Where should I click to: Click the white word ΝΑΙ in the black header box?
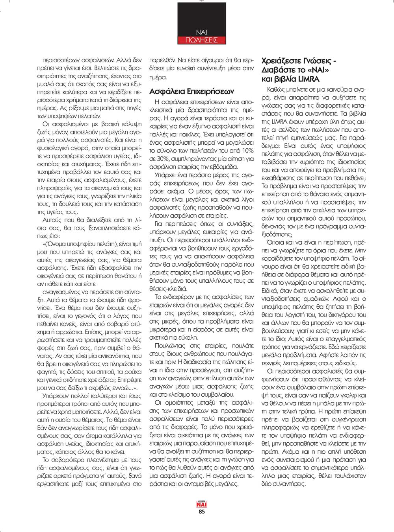201,33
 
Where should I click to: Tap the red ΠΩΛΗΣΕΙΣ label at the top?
201,40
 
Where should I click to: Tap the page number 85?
202,512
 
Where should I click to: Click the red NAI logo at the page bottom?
202,505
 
